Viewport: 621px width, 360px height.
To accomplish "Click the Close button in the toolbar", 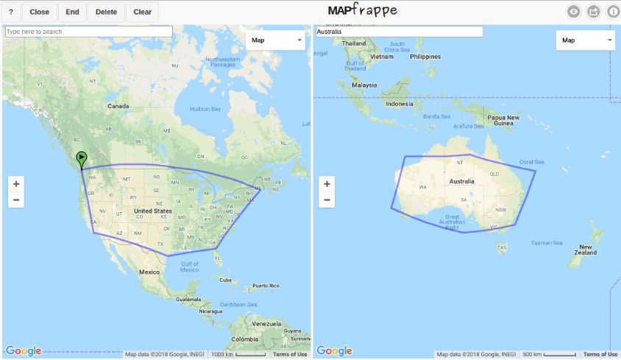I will [40, 12].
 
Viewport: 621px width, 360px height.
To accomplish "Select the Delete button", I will [106, 12].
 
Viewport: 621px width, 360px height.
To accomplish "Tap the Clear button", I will [143, 12].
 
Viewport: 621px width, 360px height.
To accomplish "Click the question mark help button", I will [11, 12].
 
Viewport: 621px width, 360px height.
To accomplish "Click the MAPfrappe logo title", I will [363, 10].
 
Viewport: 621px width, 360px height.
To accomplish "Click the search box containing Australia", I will [399, 32].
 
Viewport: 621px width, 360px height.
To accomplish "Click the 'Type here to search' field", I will [88, 32].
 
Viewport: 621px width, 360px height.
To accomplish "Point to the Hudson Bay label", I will [205, 109].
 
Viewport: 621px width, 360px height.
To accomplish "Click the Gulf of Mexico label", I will [189, 267].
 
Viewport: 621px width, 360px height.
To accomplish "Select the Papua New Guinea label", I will [503, 120].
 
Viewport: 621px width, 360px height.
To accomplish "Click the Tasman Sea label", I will [547, 243].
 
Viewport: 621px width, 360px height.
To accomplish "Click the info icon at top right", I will [612, 12].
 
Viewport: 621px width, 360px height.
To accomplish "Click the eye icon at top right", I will [574, 12].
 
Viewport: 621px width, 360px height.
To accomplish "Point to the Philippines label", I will [426, 57].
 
